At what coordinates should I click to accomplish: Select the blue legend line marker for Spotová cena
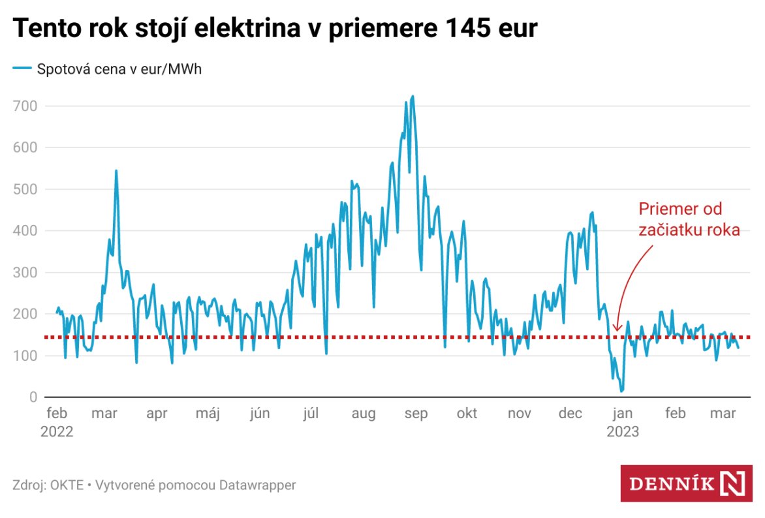click(22, 69)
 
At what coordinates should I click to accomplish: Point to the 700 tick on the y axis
click(25, 106)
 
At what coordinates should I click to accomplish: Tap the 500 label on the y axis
click(25, 189)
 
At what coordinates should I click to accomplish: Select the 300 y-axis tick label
click(25, 273)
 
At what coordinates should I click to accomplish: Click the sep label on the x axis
click(416, 414)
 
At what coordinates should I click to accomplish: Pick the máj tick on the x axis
click(208, 414)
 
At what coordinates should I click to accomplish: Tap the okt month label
click(467, 414)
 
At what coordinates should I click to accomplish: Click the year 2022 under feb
click(57, 432)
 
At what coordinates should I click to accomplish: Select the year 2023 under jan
click(623, 432)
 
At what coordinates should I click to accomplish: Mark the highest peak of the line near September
click(413, 97)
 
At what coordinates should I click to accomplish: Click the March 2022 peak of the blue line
click(116, 171)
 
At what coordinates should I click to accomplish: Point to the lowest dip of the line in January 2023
click(621, 390)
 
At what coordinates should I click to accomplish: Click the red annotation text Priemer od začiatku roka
click(689, 220)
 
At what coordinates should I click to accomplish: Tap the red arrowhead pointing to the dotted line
click(617, 328)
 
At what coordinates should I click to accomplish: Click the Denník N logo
click(686, 483)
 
